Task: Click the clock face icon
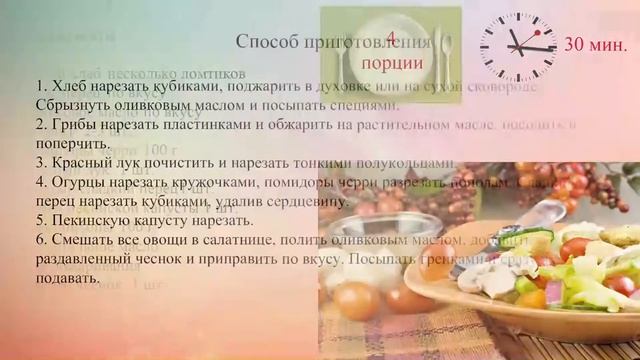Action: click(x=517, y=47)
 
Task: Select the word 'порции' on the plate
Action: click(x=391, y=62)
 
